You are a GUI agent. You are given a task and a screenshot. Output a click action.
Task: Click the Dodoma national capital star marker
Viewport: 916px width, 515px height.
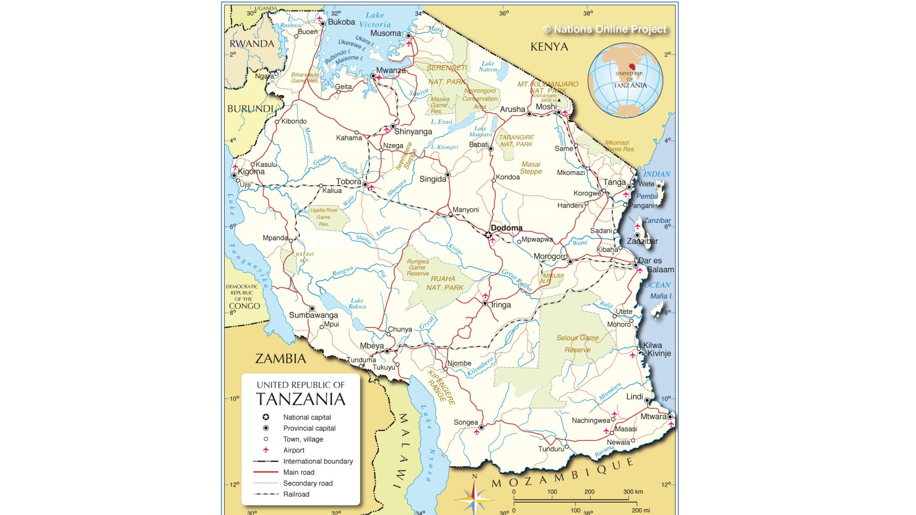(488, 235)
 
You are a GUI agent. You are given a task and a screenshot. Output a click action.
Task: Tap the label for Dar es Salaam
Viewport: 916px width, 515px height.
(656, 265)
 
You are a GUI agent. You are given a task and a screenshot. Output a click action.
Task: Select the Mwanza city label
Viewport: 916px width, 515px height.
(391, 71)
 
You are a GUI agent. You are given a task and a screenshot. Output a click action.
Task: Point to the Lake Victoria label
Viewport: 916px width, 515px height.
(375, 20)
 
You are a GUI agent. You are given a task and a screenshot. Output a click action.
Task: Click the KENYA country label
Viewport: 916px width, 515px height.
(549, 47)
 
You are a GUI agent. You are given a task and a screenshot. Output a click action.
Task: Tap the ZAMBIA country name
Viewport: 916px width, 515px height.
(281, 359)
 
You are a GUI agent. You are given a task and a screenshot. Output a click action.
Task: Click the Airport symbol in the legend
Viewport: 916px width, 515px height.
(266, 450)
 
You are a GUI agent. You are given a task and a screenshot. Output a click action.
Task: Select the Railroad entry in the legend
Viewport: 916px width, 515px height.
(296, 494)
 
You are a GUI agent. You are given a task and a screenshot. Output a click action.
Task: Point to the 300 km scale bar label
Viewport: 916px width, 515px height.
(633, 492)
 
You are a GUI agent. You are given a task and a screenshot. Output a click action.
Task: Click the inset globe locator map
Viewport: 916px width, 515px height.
(625, 80)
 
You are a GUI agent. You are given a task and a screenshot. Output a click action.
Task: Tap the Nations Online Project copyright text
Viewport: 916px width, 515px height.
(604, 30)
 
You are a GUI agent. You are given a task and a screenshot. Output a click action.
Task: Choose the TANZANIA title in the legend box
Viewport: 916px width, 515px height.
(301, 399)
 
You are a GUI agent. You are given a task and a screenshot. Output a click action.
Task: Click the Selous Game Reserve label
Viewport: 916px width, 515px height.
(577, 343)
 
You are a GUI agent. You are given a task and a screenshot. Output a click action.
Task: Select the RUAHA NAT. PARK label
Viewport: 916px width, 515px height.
(444, 283)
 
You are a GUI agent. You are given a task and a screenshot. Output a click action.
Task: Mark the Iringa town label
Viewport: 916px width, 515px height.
(500, 305)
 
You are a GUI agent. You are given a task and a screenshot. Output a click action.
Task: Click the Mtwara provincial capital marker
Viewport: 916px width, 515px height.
(670, 417)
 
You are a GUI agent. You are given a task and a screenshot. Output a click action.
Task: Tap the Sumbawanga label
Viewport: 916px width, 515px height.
(313, 315)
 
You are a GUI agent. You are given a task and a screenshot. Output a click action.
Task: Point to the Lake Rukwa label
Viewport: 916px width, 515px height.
(357, 303)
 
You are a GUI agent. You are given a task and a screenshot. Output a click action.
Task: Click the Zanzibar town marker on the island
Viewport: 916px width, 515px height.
(637, 235)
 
